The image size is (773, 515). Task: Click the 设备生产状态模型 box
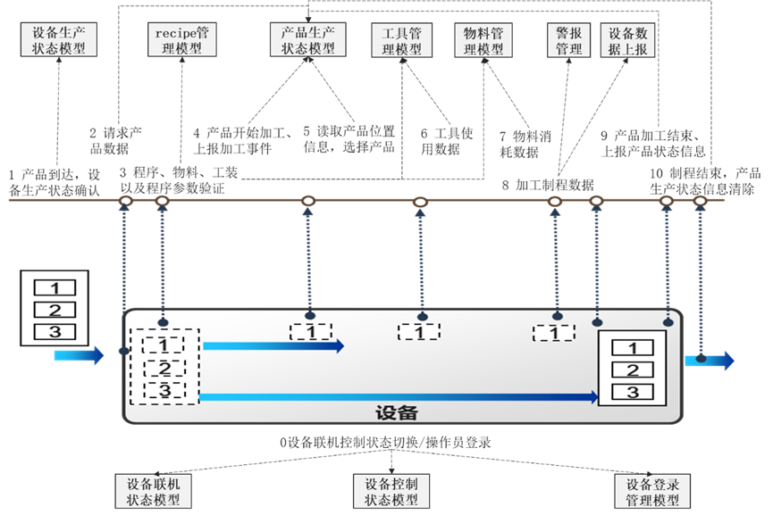point(59,40)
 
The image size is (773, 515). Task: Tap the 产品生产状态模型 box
point(307,40)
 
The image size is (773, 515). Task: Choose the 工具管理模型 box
point(401,40)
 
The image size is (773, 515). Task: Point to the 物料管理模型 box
point(484,40)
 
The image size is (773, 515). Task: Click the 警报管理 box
point(569,40)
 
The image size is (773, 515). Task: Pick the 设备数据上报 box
point(627,40)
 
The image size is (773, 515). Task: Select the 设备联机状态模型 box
point(153,490)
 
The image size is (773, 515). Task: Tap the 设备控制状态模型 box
point(391,490)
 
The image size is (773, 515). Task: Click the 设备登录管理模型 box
point(652,490)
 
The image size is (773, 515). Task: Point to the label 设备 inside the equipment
point(396,412)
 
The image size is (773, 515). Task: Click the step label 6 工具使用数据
point(441,141)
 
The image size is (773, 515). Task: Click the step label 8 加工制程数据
point(547,185)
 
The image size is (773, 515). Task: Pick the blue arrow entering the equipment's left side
point(79,356)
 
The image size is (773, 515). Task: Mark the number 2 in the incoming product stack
point(55,310)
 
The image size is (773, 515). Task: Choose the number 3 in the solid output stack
point(633,391)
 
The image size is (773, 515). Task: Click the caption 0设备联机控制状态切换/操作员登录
point(385,442)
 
